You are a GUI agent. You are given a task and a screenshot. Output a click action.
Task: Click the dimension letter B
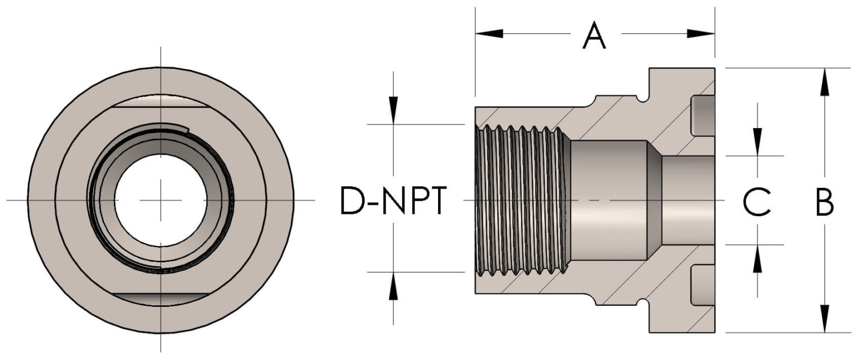click(825, 202)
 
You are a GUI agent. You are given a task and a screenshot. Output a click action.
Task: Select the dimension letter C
click(757, 202)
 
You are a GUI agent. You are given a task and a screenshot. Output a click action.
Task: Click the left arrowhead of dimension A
click(489, 34)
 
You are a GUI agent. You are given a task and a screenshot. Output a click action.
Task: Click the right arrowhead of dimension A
click(702, 34)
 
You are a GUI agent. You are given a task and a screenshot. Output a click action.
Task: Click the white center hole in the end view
click(161, 200)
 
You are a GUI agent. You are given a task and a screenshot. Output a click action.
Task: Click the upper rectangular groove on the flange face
click(703, 116)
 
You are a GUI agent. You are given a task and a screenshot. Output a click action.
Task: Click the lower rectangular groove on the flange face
click(703, 285)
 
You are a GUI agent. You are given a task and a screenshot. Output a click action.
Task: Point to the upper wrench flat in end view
click(161, 101)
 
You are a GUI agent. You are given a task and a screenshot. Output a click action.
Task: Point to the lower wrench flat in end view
click(161, 299)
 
